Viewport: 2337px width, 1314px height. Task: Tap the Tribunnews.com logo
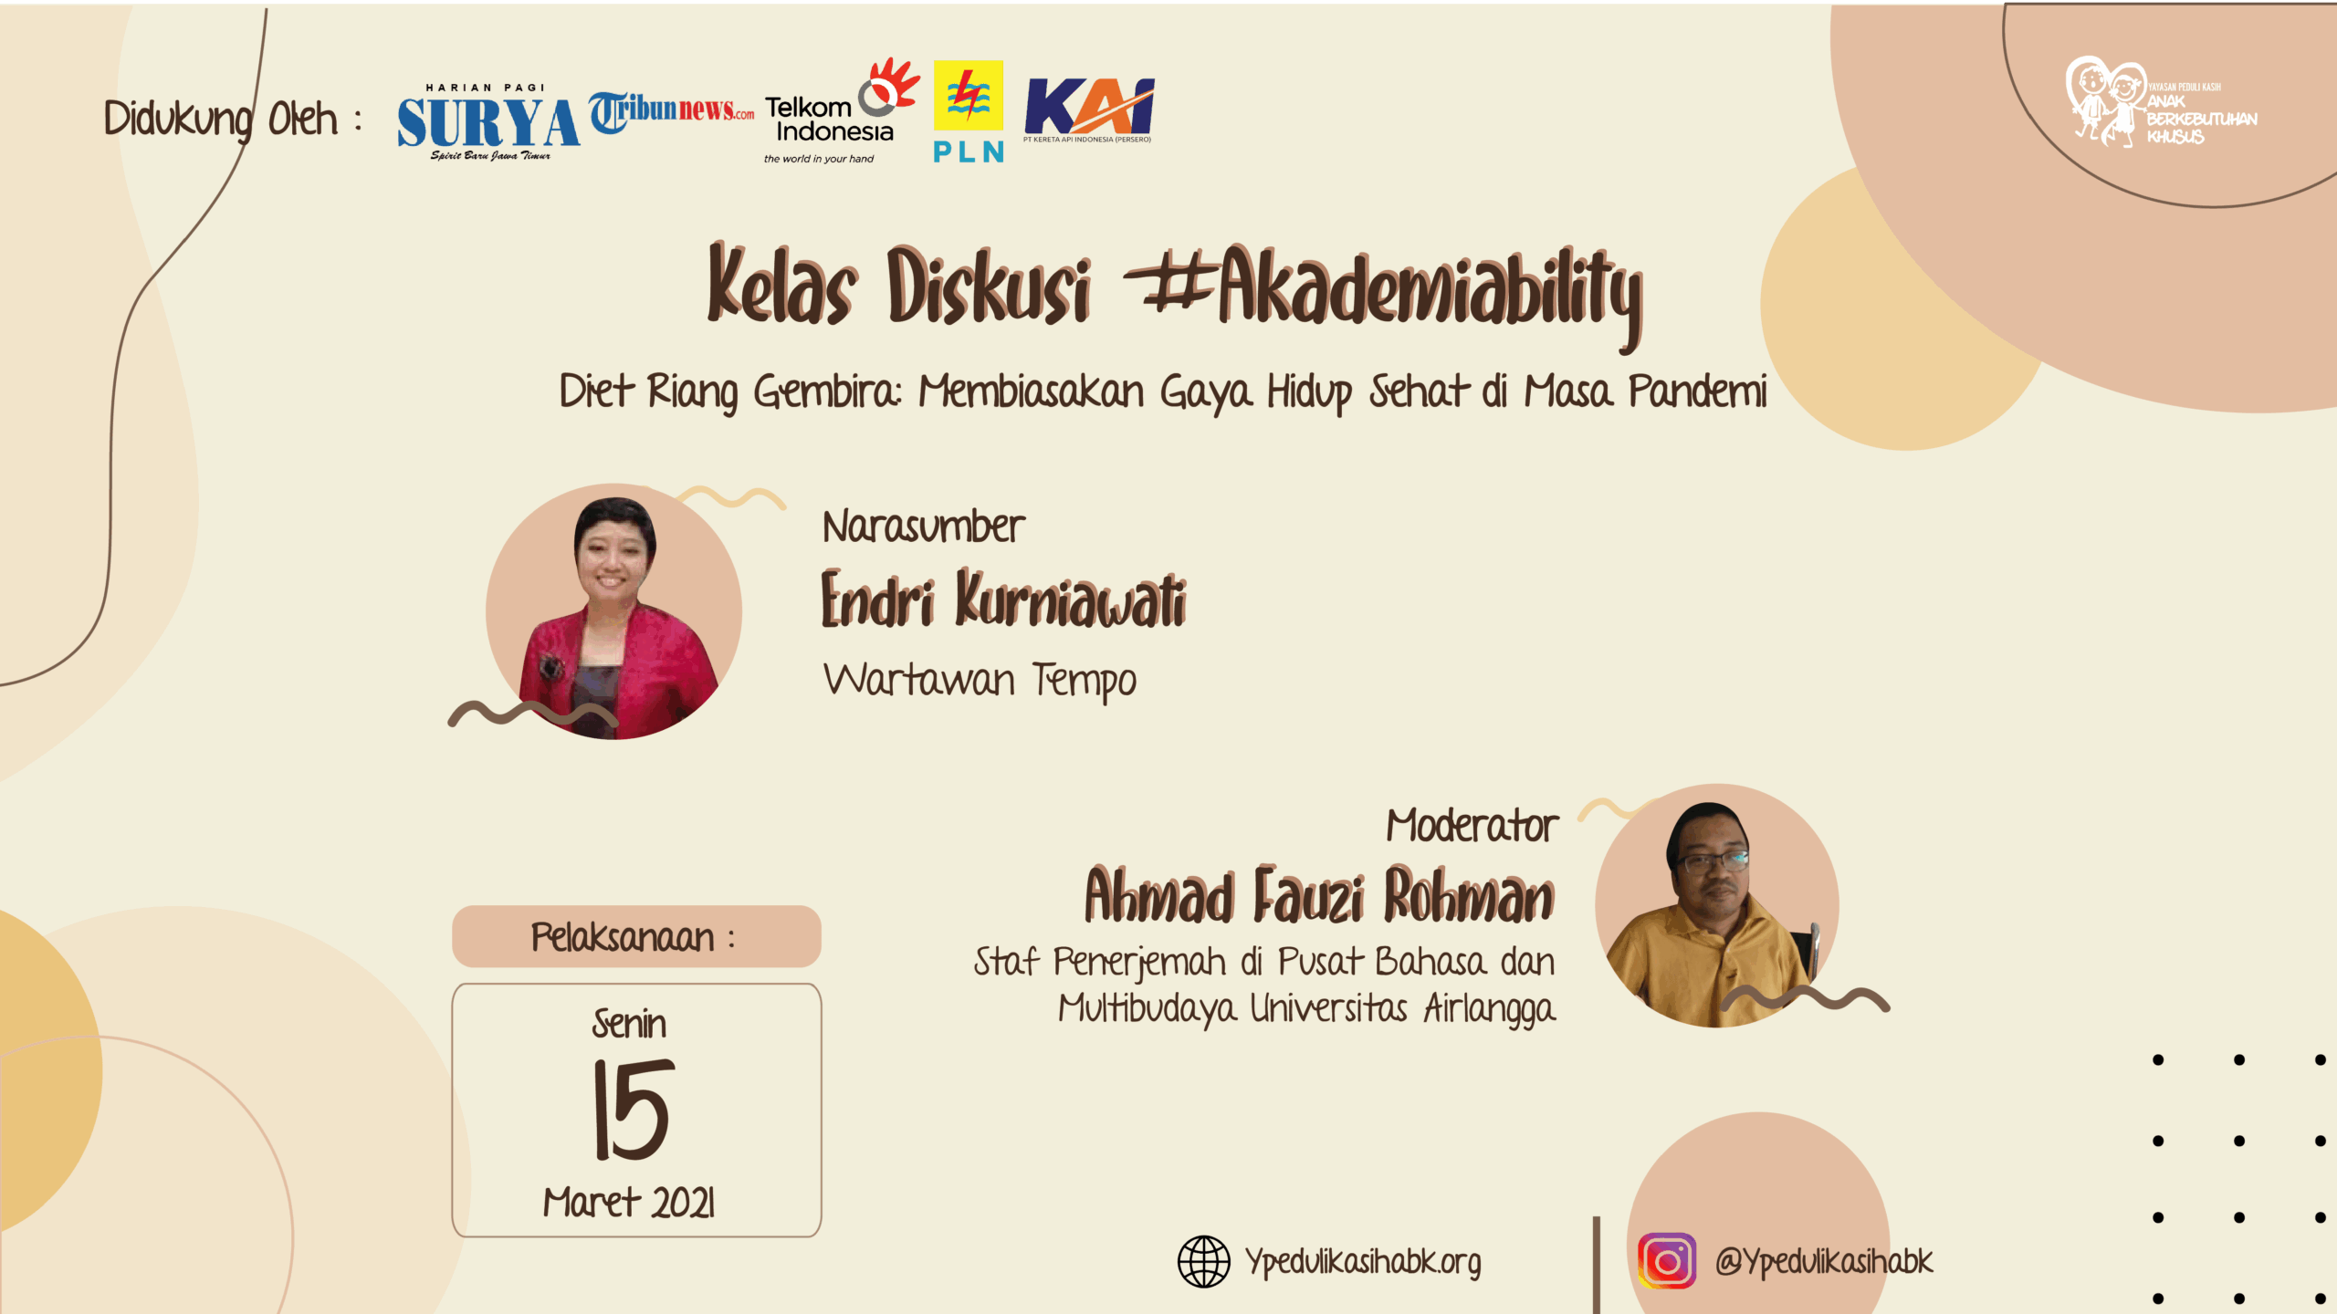pos(671,111)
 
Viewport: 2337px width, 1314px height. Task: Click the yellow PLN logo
pos(969,111)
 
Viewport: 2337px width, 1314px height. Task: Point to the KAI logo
pos(1089,109)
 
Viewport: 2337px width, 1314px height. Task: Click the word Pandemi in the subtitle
pos(1698,391)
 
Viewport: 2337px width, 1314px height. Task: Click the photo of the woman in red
pos(613,611)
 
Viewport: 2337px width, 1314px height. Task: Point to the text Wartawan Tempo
pos(980,681)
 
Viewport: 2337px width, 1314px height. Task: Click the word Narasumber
pos(923,527)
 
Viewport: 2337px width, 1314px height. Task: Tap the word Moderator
pos(1472,826)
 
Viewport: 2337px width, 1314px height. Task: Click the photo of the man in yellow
pos(1717,905)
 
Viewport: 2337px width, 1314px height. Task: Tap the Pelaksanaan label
pos(633,937)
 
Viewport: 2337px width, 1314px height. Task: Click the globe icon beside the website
pos(1204,1261)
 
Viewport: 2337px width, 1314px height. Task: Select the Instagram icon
pos(1667,1261)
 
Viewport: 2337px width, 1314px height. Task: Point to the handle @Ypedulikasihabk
pos(1824,1262)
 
